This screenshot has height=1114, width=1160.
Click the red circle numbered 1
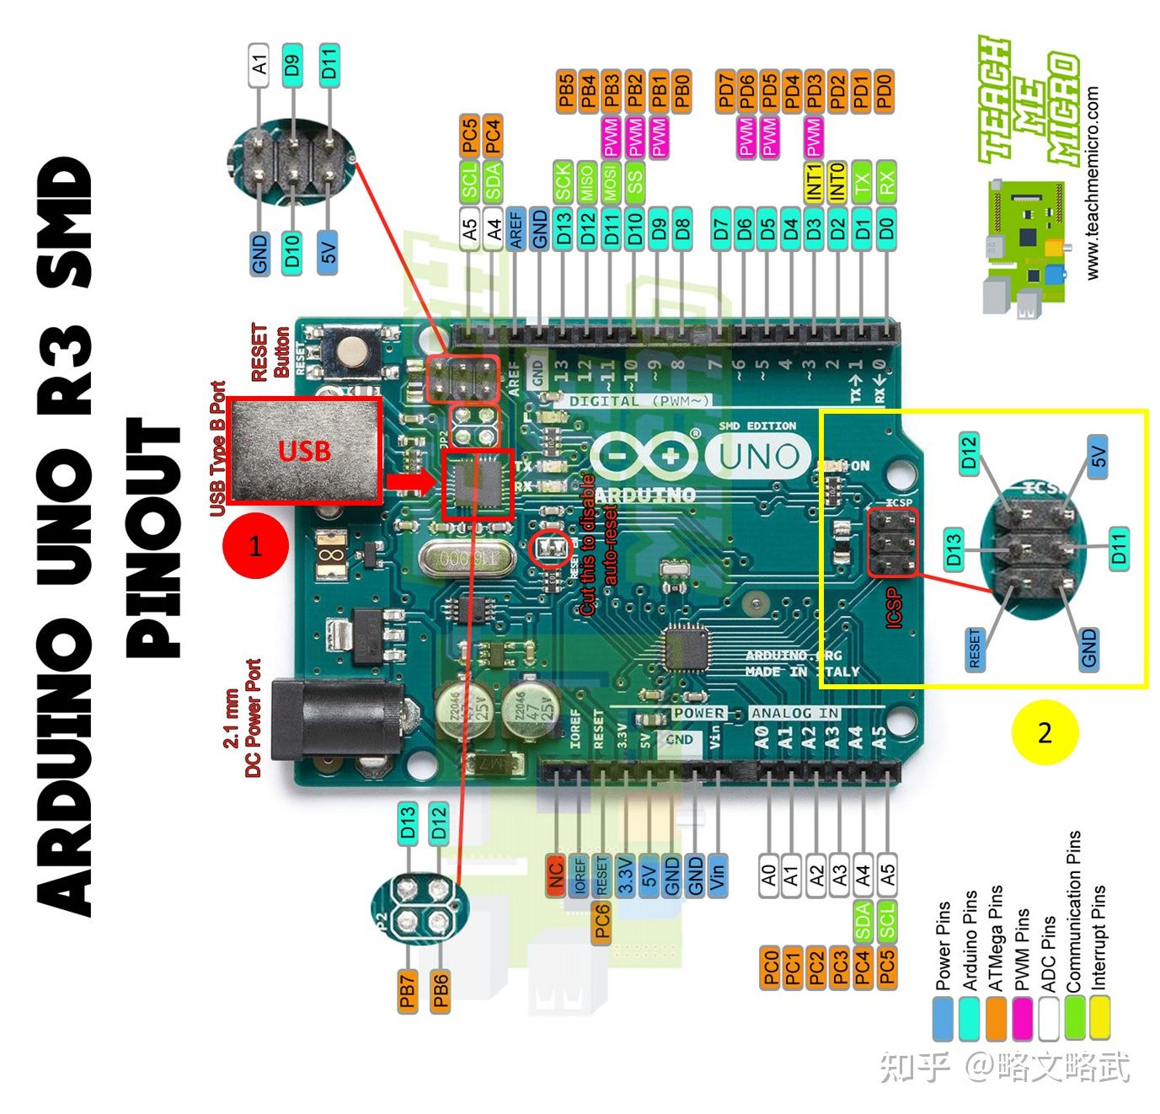coord(255,546)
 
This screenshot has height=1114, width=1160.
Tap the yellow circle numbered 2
coord(1045,731)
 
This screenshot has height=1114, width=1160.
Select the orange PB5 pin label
coord(566,92)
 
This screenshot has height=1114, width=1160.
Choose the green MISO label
coord(587,181)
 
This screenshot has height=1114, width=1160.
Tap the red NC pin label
coord(554,876)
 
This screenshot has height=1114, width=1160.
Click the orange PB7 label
coord(408,991)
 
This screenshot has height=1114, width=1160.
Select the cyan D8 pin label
coord(682,228)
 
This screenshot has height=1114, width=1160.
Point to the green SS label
coord(635,181)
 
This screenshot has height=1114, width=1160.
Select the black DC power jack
coord(337,718)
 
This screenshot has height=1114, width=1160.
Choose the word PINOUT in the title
coord(153,539)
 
